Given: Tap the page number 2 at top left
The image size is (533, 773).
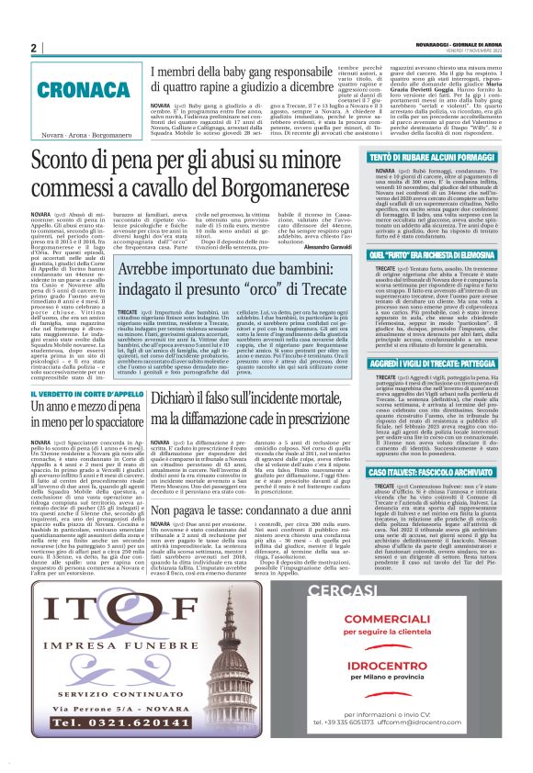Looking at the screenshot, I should pyautogui.click(x=33, y=48).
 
